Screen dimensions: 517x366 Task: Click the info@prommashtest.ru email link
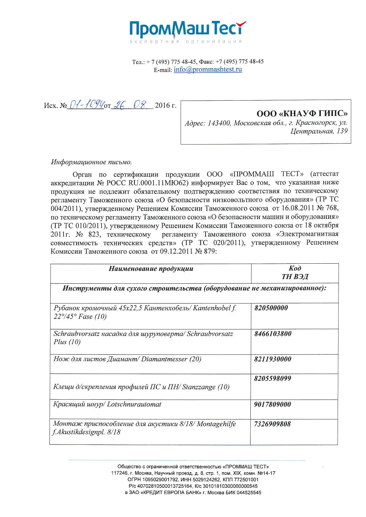coord(208,70)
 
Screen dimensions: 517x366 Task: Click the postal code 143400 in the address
coord(219,123)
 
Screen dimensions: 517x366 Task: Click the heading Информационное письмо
coord(91,162)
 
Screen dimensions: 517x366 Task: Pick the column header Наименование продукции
coord(151,269)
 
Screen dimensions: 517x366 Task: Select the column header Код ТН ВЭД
coord(295,272)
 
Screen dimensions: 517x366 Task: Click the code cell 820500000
coord(271,308)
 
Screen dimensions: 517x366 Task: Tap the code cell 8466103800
coord(272,334)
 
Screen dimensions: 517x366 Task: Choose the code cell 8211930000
coord(272,359)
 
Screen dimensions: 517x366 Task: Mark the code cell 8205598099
coord(272,379)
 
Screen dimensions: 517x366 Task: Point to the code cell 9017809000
coord(272,404)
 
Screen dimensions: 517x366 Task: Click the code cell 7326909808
coord(272,424)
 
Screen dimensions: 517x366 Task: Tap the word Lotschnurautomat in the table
coord(134,404)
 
